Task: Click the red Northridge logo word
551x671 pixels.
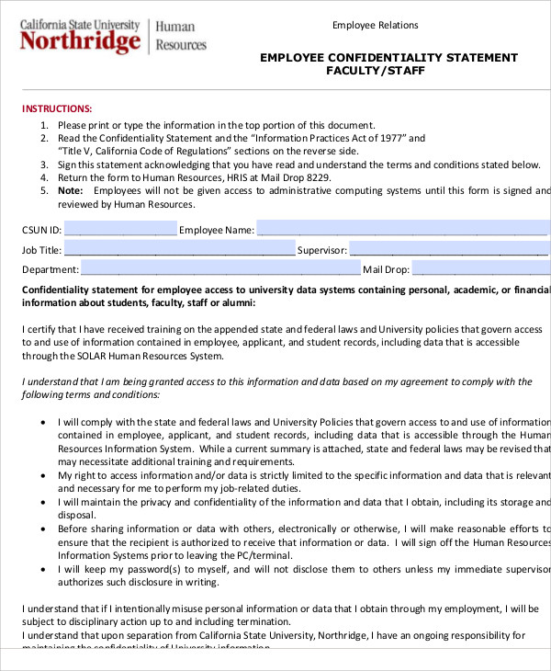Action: [x=81, y=42]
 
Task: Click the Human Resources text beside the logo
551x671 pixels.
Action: [x=181, y=36]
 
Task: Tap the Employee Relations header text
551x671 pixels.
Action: [x=375, y=25]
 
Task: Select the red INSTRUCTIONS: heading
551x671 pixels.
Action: [x=57, y=108]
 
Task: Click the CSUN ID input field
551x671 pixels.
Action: [x=120, y=229]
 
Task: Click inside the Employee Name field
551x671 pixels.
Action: [x=402, y=229]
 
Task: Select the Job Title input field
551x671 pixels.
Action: [x=180, y=249]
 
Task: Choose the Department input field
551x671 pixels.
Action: [x=220, y=269]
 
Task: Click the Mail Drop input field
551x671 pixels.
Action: [x=479, y=269]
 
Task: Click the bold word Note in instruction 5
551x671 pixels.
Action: [x=70, y=190]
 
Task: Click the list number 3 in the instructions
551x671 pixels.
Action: [x=44, y=165]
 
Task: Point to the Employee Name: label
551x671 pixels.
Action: [x=216, y=230]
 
